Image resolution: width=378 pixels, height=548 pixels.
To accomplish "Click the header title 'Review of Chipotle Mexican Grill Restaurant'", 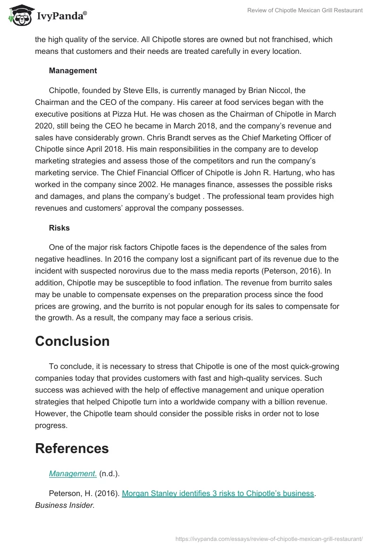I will pos(305,10).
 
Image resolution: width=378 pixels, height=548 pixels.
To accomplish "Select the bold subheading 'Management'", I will pos(73,70).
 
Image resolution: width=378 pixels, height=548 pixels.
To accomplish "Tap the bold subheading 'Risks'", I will pos(59,228).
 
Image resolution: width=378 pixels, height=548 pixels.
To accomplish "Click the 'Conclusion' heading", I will pos(72,341).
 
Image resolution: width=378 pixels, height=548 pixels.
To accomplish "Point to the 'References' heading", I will pos(72,448).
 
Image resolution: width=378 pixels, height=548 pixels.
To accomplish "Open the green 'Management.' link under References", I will pos(73,473).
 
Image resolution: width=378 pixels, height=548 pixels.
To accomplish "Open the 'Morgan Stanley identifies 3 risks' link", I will pos(218,493).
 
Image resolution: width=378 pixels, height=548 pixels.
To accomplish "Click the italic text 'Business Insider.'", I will pos(65,505).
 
